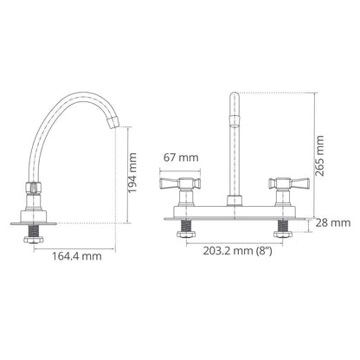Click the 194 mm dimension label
[132, 173]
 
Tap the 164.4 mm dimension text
[77, 256]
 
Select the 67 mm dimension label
[181, 157]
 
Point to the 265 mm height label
[319, 156]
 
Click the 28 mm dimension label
[333, 223]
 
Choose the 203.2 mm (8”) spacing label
[237, 251]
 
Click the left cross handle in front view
[180, 183]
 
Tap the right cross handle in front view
[289, 183]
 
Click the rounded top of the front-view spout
[235, 96]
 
